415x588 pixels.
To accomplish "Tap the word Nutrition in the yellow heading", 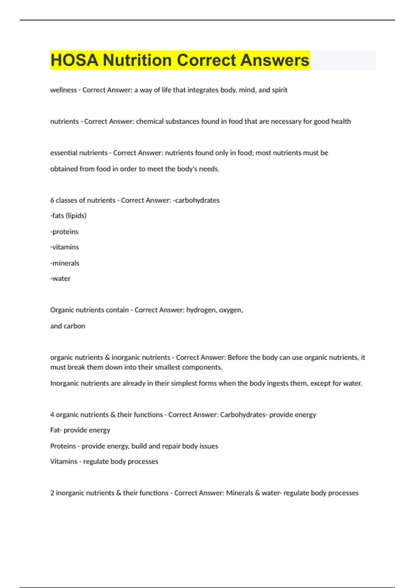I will coord(137,60).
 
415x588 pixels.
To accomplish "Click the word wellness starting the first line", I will coord(63,90).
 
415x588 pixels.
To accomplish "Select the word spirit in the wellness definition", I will coord(279,90).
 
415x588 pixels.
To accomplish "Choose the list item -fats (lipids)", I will coord(68,216).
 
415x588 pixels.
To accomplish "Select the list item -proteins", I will coord(64,232).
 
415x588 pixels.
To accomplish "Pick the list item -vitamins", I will coord(65,247).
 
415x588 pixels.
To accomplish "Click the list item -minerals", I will coord(65,263).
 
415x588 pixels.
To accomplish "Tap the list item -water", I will coord(61,279).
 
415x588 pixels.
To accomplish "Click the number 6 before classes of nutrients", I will coord(52,200).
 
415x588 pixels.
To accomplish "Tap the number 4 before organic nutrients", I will coord(52,415).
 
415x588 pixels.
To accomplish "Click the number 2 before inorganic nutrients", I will coord(52,493).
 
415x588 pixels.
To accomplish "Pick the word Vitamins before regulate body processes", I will coord(64,461).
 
